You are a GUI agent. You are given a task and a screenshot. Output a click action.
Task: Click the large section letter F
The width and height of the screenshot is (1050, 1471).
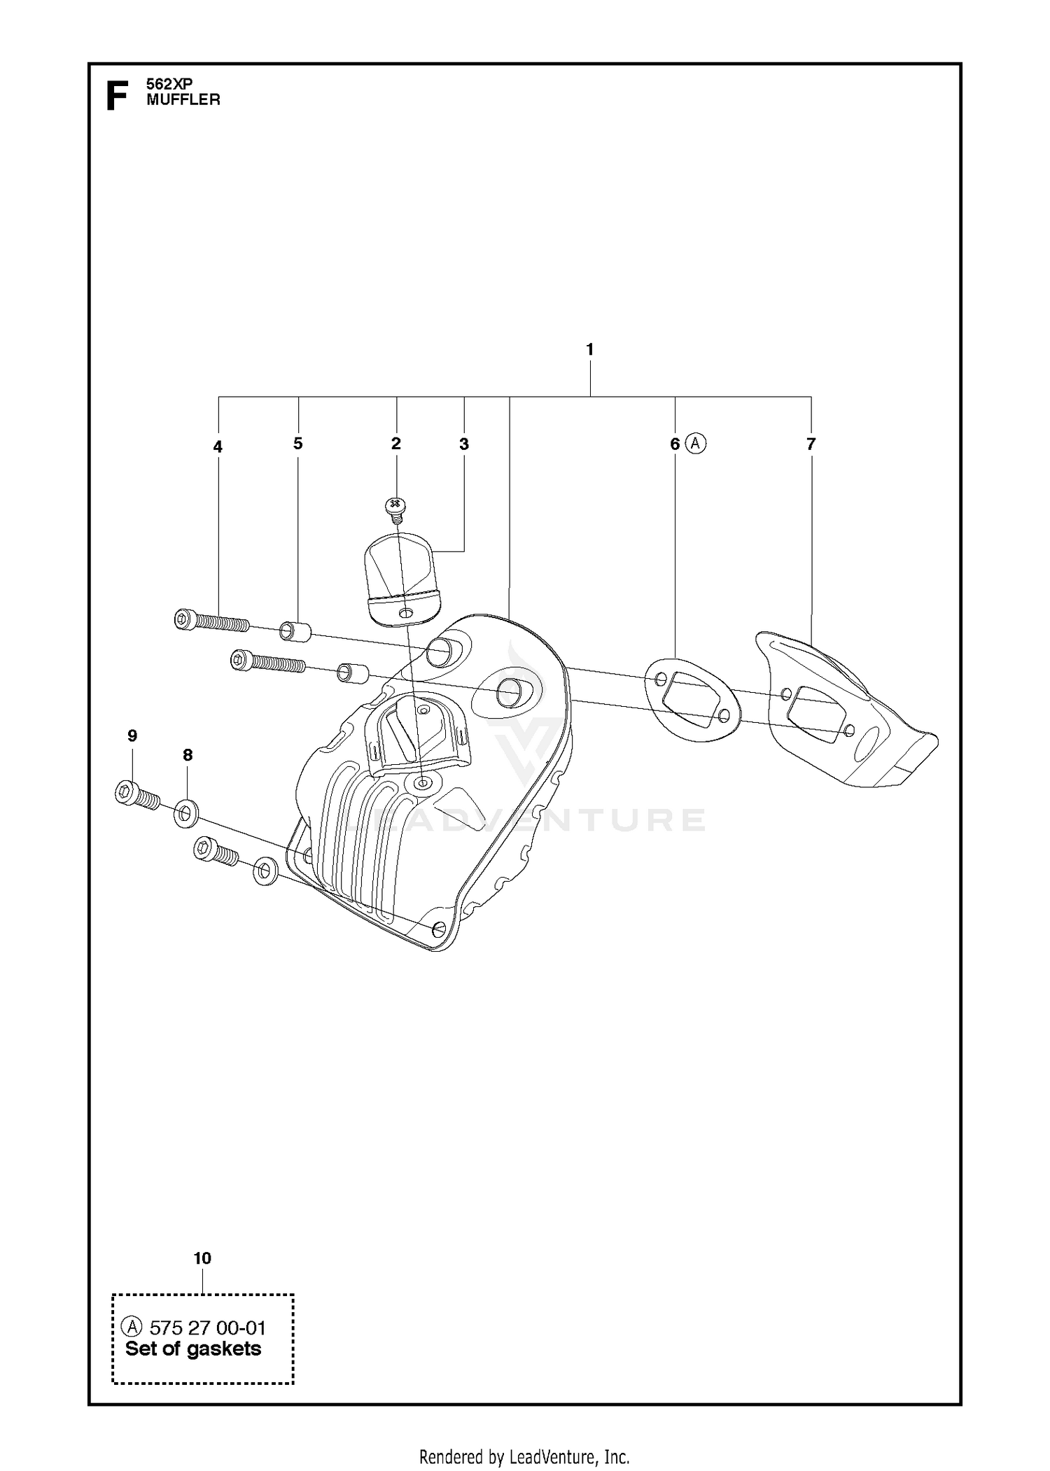point(117,96)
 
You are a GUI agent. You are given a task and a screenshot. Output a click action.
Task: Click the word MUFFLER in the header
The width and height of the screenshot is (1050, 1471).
point(183,100)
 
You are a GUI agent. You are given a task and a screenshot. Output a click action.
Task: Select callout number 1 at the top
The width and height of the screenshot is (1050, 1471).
point(590,349)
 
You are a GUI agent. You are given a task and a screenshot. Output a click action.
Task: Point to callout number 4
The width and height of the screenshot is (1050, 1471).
point(218,446)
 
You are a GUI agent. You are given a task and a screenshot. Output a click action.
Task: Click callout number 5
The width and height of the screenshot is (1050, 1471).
point(298,444)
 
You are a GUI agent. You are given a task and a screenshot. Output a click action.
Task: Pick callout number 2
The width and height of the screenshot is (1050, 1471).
point(396,444)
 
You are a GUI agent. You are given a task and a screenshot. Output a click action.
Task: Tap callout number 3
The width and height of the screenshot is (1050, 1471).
point(464,444)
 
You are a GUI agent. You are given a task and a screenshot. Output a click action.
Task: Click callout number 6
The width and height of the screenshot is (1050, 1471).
point(675,444)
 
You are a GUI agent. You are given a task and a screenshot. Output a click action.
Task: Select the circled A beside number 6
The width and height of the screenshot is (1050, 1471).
point(695,443)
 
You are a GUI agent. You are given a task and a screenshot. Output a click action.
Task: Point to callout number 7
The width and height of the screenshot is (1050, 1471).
point(811,444)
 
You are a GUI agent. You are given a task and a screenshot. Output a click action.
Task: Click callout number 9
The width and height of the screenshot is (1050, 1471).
point(132,735)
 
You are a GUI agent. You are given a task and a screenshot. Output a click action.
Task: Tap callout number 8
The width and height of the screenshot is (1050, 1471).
point(188,755)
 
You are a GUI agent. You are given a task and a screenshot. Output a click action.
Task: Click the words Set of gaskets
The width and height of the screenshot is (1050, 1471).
point(193,1349)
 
